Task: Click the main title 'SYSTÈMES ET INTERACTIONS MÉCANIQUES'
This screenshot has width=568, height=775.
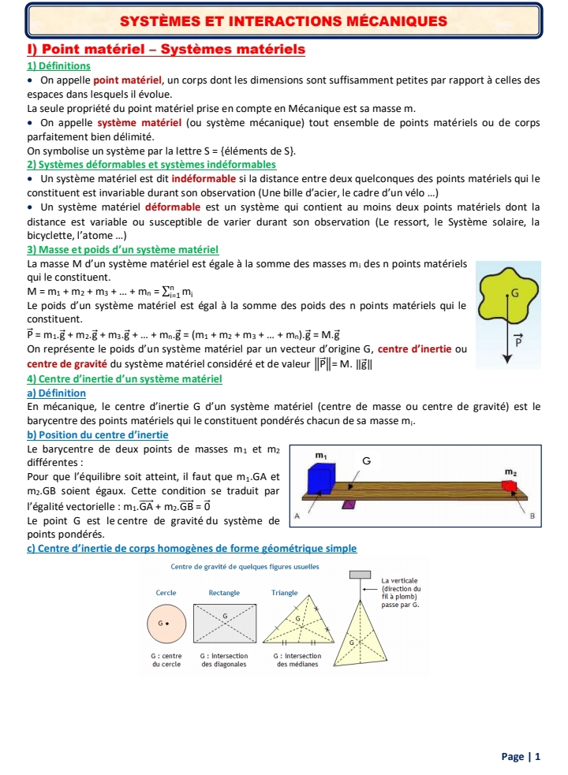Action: pos(283,20)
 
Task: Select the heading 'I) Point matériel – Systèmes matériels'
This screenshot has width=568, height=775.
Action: pos(166,50)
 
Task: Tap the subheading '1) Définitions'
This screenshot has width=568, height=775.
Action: pos(58,65)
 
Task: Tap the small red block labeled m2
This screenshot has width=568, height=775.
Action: pos(510,485)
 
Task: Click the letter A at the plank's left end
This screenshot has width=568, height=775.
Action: pos(297,514)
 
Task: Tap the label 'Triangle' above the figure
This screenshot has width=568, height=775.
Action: pos(284,592)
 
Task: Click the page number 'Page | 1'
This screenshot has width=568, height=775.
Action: pos(521,757)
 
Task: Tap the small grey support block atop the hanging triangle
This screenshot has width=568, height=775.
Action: pos(361,574)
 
